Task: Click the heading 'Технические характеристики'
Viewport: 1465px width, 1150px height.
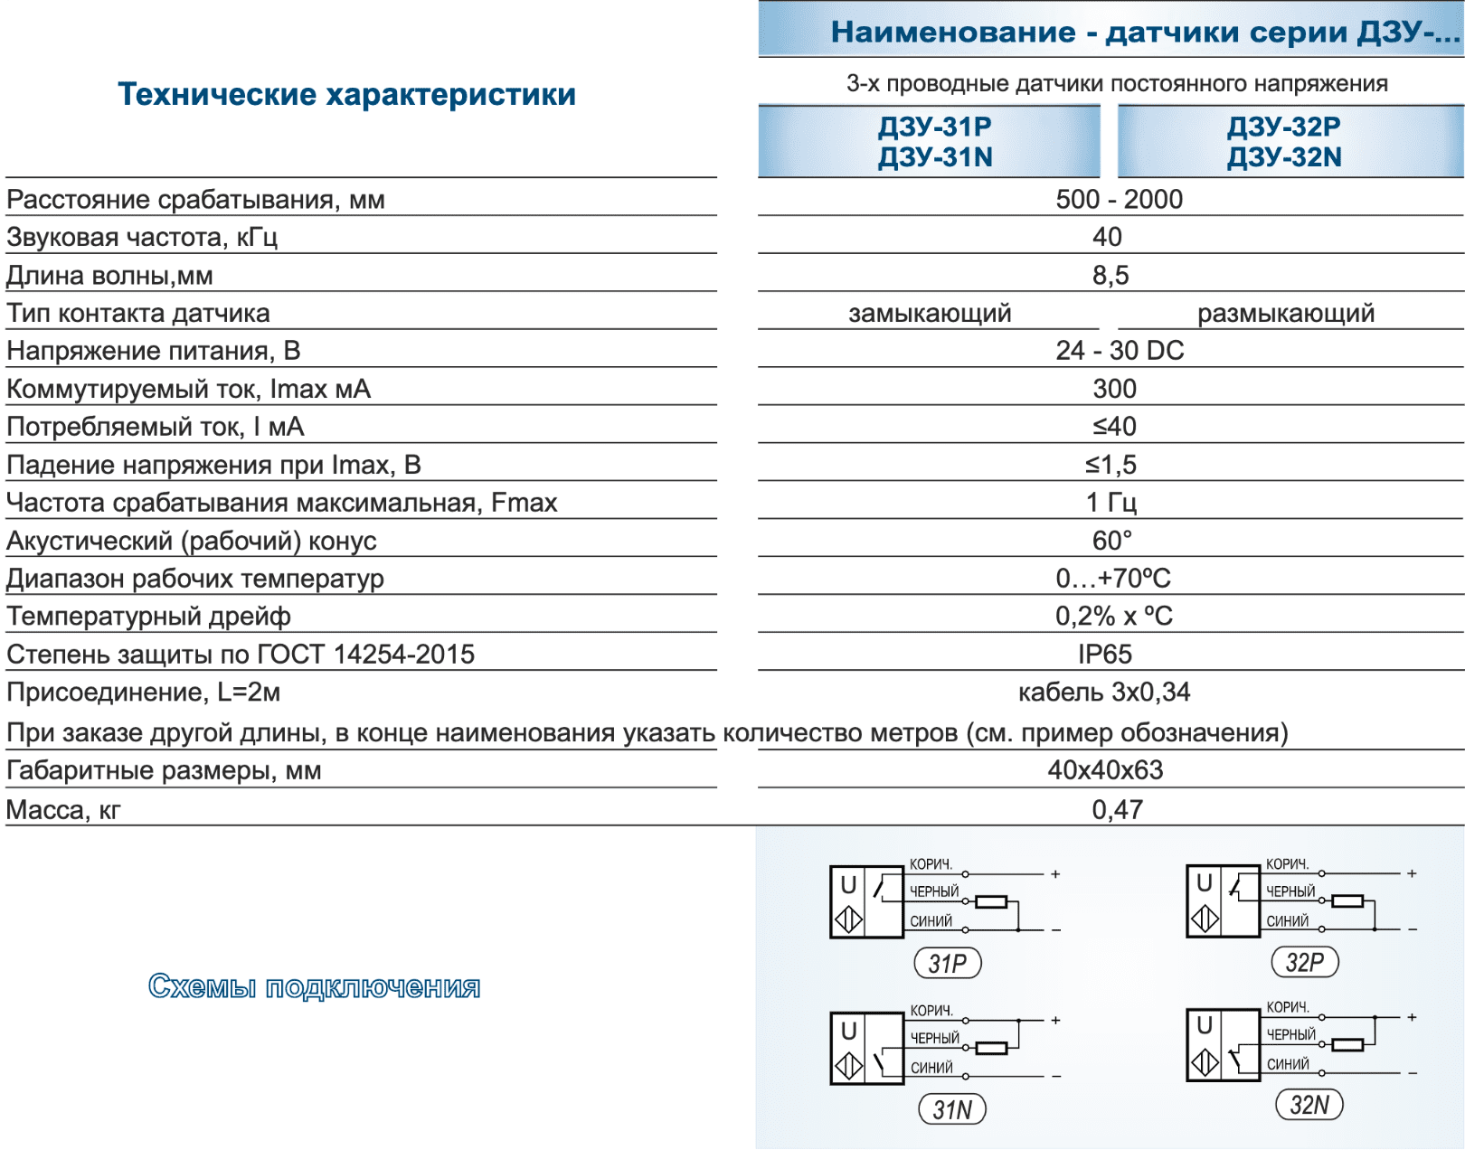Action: click(x=346, y=94)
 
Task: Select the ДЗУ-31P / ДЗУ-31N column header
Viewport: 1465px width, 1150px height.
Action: click(x=935, y=142)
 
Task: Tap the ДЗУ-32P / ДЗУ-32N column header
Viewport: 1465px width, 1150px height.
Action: click(x=1284, y=142)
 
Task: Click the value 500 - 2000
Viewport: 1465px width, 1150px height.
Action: click(x=1119, y=199)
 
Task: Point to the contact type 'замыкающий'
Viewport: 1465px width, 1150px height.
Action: click(x=930, y=313)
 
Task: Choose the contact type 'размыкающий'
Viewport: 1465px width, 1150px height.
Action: click(x=1285, y=313)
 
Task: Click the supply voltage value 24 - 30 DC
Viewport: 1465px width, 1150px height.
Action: click(x=1120, y=350)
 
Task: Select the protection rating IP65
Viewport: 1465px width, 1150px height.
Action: click(x=1104, y=654)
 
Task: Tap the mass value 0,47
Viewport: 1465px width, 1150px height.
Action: click(x=1117, y=809)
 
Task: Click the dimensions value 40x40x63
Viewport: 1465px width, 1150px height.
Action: click(x=1105, y=769)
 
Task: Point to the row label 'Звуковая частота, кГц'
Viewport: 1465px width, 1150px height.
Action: click(x=142, y=237)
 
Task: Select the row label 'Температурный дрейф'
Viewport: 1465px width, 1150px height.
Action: click(x=148, y=616)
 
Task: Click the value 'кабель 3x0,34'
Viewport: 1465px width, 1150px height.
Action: click(x=1104, y=692)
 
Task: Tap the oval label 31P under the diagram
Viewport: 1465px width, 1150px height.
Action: click(x=947, y=964)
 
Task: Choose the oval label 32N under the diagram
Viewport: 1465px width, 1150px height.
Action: click(x=1309, y=1105)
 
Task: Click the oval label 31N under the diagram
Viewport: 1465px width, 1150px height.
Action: click(x=952, y=1109)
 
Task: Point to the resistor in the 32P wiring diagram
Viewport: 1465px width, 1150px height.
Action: click(x=1348, y=900)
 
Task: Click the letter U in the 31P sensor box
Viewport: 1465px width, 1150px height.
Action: click(x=848, y=885)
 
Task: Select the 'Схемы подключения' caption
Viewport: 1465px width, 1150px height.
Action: click(x=314, y=986)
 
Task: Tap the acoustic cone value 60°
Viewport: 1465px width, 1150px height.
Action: click(x=1111, y=540)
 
